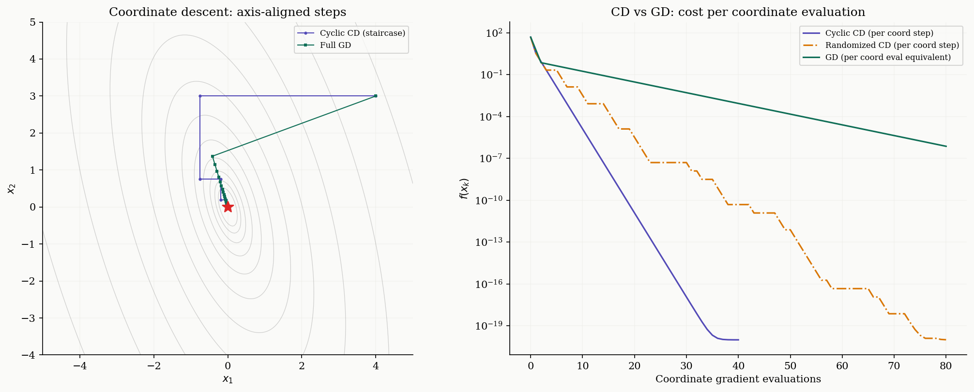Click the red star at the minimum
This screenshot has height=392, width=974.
(228, 207)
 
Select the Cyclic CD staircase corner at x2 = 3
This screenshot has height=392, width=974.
(200, 96)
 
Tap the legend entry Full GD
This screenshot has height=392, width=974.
(335, 45)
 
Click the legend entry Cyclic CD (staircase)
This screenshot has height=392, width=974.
(362, 33)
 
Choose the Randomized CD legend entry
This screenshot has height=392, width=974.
(892, 45)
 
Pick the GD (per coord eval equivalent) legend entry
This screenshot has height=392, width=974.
(888, 57)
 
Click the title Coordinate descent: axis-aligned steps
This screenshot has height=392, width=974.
(228, 12)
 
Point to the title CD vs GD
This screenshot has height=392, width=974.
(738, 12)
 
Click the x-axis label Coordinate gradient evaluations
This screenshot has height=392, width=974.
(738, 379)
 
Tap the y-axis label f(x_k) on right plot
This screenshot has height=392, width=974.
(464, 188)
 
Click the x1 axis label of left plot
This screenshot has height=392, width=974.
(228, 379)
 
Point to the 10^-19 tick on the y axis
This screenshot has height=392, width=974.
(490, 326)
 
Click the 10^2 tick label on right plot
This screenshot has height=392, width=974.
(494, 33)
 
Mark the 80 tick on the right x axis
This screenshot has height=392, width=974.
(946, 366)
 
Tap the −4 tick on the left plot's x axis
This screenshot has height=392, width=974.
(79, 366)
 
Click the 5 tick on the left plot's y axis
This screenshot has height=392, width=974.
(32, 22)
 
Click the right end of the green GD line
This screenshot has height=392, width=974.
(946, 146)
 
